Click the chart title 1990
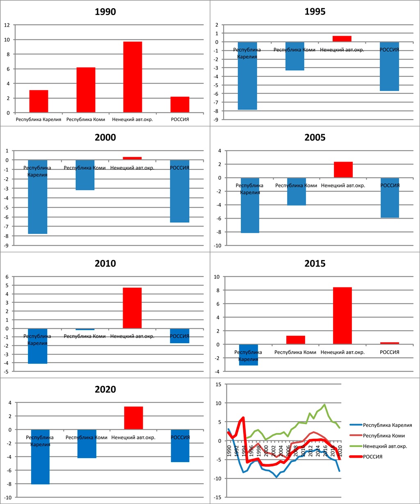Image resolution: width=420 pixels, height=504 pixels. tap(105, 12)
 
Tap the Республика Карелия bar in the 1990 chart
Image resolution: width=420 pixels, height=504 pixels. tap(39, 101)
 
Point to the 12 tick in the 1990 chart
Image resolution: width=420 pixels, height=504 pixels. tap(7, 25)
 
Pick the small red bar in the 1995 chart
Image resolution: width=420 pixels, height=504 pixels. tap(342, 39)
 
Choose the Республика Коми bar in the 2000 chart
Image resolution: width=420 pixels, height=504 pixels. tap(85, 175)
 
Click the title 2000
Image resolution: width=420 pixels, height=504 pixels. tap(105, 138)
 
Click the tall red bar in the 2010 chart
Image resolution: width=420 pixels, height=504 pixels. tap(132, 308)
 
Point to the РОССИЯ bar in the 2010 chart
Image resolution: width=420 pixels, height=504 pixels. tap(179, 336)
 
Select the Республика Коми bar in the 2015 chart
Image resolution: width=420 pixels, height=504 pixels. tap(295, 340)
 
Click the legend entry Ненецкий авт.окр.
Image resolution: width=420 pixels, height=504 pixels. tap(385, 447)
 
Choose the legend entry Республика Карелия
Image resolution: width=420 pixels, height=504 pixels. tap(388, 425)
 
